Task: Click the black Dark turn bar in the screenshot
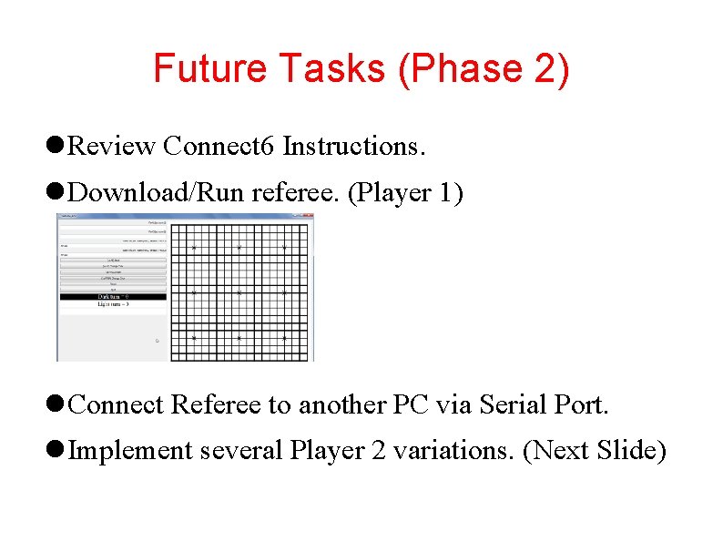click(x=113, y=297)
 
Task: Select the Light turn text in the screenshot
click(x=113, y=304)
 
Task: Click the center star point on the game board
click(x=239, y=292)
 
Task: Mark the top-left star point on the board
click(x=194, y=248)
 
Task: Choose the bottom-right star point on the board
click(x=284, y=337)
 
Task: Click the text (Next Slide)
click(x=595, y=450)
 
